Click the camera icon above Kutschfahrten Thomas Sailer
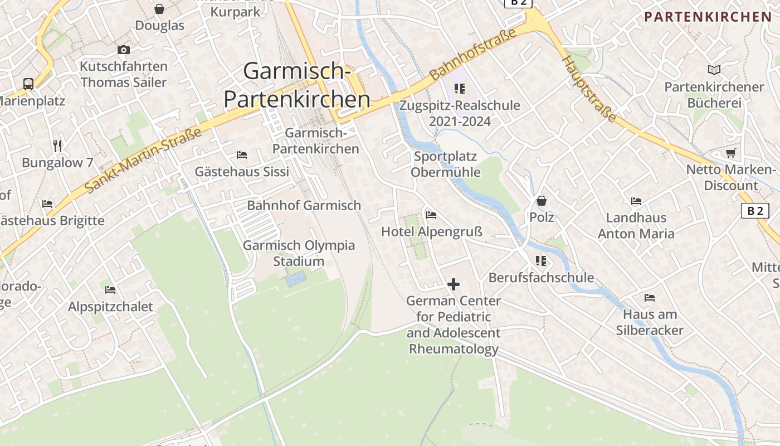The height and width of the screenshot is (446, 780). coord(124,50)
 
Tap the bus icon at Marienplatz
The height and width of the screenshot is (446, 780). coord(28,84)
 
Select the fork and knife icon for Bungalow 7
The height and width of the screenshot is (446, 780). coord(57,146)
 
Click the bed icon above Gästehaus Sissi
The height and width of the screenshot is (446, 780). coord(242,154)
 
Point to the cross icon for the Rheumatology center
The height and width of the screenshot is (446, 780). coord(454,284)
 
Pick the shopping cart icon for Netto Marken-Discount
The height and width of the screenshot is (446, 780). coord(730,153)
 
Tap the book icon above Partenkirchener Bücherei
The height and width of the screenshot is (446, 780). coord(714,70)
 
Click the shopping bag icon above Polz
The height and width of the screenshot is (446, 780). coord(541,201)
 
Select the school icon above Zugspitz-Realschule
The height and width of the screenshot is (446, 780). coord(460,88)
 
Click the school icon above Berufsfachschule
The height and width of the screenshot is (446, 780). coord(540,260)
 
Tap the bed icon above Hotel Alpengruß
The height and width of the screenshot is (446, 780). coord(431,215)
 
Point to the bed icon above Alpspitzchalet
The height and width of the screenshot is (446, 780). coord(110,290)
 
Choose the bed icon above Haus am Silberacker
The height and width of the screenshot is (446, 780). coord(649,297)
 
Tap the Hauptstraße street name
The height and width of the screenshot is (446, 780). coord(589,88)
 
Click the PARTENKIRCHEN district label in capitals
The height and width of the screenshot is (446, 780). coord(708,17)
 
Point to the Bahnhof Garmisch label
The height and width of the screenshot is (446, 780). coord(304,205)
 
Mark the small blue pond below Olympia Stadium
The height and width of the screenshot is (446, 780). coord(296,277)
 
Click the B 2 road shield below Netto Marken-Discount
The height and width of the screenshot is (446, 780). coord(755,211)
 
